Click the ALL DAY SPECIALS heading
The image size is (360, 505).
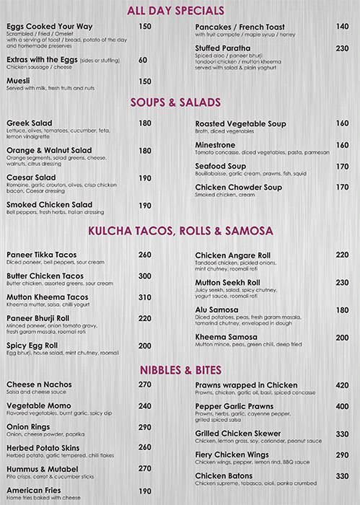tap(180, 9)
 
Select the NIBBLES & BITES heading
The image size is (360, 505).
tap(180, 369)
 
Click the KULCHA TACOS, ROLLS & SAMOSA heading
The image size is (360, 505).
tap(180, 232)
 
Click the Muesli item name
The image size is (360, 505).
tap(20, 82)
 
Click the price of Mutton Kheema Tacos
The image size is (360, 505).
tap(144, 297)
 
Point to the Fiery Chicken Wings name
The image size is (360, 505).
tap(232, 454)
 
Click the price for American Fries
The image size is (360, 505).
tap(144, 490)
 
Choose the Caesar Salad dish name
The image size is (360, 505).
tap(31, 177)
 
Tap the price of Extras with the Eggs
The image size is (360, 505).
tap(142, 60)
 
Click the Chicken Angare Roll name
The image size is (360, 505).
tap(232, 255)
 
